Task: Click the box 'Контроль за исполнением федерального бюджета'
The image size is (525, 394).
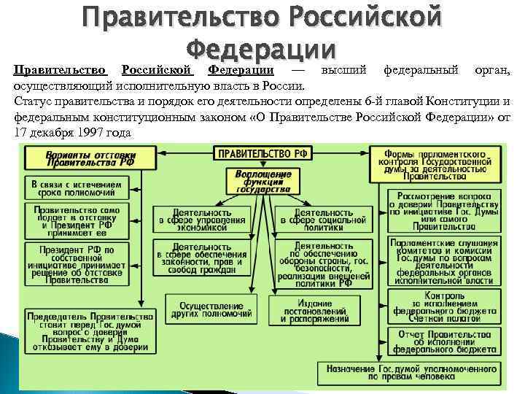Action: [444, 307]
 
